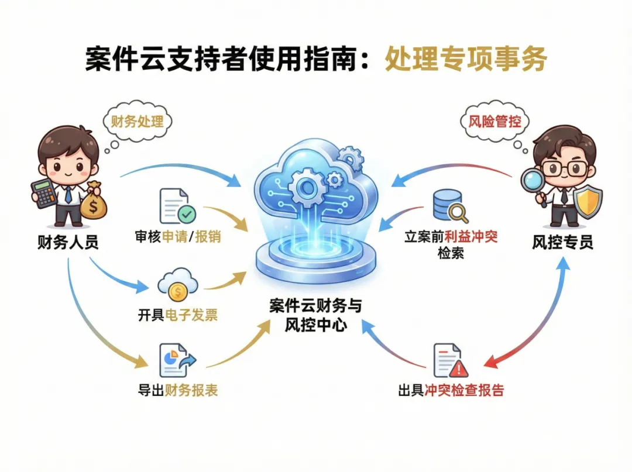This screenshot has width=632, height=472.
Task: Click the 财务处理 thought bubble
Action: (138, 121)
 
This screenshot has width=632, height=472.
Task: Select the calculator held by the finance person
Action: (43, 193)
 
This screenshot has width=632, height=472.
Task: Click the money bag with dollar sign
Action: (94, 201)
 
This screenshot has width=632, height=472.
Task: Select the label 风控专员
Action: (562, 242)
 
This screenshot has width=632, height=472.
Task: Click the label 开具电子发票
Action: (178, 315)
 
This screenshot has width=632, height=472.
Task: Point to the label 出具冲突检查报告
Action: (451, 391)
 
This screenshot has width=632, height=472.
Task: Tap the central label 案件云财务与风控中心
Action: (315, 316)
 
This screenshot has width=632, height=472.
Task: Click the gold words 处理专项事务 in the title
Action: (465, 60)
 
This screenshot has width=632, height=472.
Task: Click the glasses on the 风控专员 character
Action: (560, 168)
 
